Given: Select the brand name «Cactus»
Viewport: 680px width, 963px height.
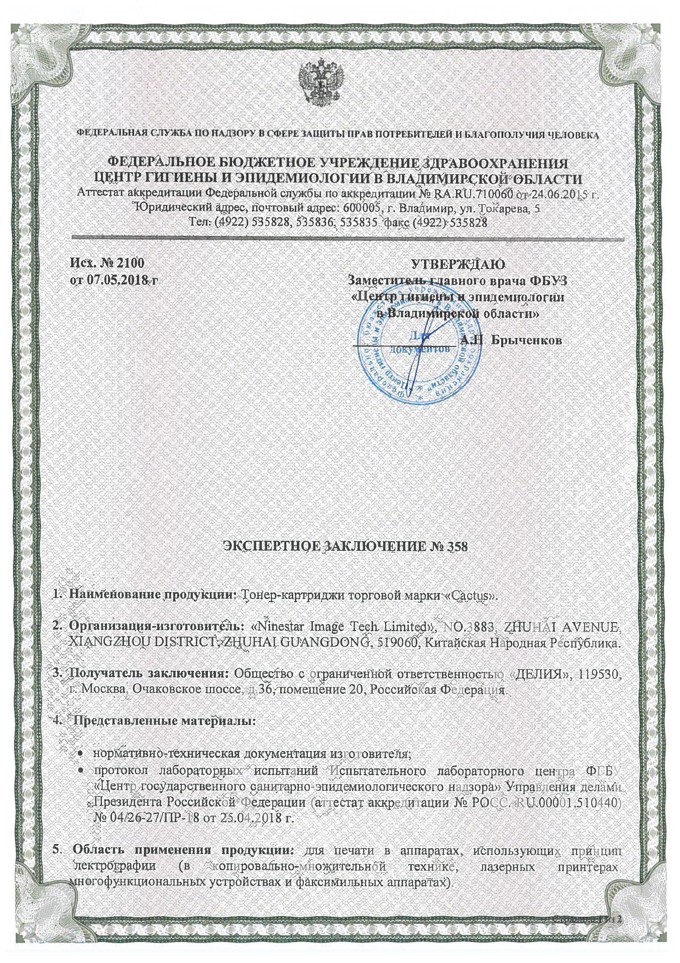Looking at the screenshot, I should [x=472, y=596].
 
